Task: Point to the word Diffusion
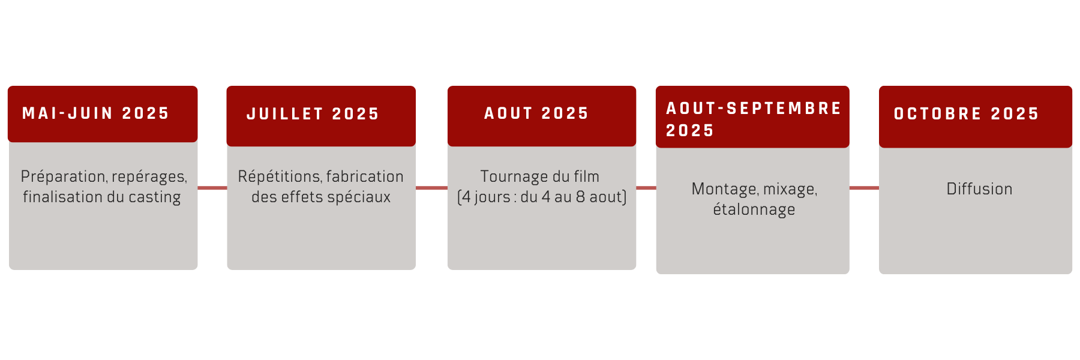(x=979, y=189)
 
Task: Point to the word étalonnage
(x=754, y=210)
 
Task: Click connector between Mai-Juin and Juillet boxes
(x=212, y=188)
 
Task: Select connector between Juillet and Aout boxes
(x=431, y=188)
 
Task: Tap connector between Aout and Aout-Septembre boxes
(x=646, y=188)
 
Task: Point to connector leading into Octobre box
(x=864, y=188)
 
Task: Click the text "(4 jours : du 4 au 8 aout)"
(x=542, y=197)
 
